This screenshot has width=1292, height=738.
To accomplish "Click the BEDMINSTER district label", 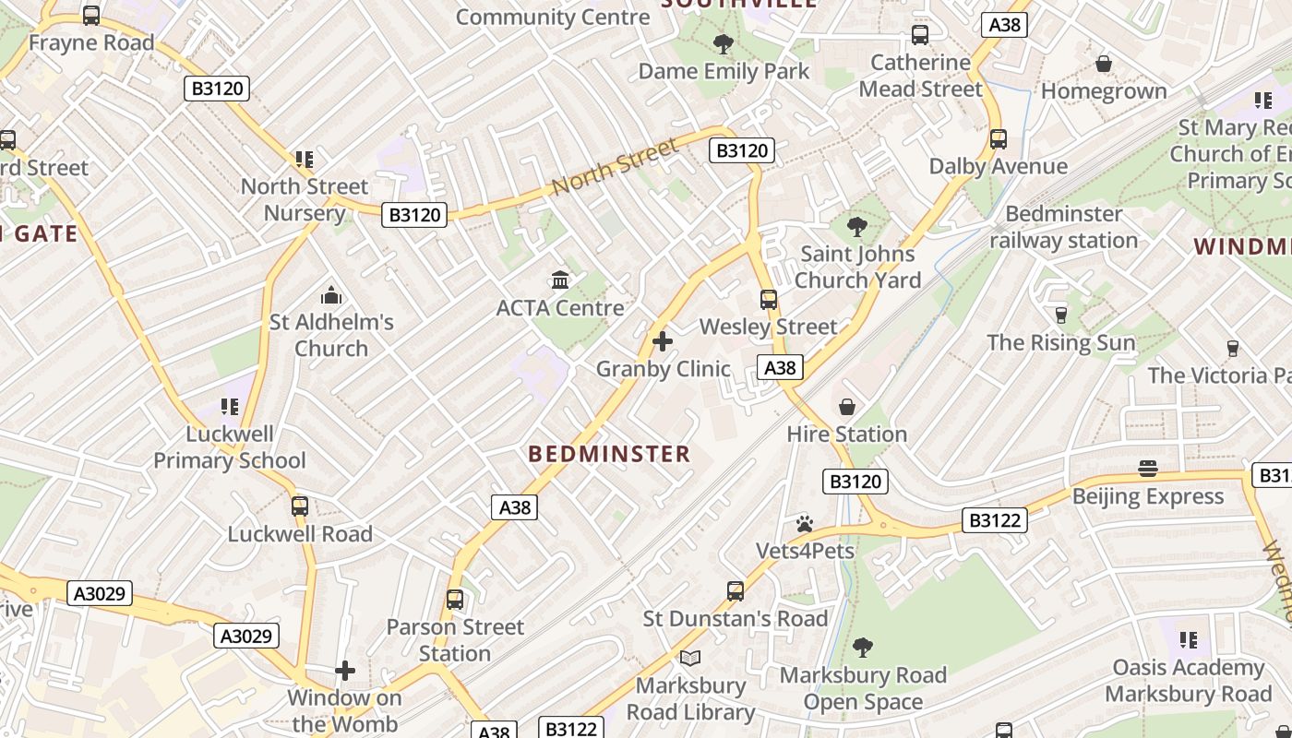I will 609,454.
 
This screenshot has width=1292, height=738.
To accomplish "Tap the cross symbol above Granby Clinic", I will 662,341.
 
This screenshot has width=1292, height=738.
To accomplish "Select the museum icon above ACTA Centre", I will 560,280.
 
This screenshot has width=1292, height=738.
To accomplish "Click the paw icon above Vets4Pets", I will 805,524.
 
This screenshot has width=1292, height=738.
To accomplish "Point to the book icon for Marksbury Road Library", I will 690,658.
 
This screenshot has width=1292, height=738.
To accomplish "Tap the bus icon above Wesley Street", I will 768,299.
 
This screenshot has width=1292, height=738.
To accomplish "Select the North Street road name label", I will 616,165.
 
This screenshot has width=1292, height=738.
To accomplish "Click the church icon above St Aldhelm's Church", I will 330,295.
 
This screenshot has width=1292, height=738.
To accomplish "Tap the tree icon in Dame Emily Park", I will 724,43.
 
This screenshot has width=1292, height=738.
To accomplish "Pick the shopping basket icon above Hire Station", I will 846,406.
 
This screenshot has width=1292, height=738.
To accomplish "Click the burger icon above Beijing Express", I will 1147,469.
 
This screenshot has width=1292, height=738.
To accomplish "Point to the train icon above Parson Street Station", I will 454,599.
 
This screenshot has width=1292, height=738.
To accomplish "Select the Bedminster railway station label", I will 1063,227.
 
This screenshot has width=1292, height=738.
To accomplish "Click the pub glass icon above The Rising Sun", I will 1060,315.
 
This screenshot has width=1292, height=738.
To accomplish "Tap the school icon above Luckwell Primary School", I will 230,406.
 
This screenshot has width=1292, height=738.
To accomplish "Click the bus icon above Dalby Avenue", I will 998,139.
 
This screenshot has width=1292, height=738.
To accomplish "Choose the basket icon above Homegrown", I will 1103,64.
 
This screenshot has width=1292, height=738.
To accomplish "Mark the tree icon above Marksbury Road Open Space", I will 863,647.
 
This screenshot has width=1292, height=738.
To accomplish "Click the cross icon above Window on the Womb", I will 345,670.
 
